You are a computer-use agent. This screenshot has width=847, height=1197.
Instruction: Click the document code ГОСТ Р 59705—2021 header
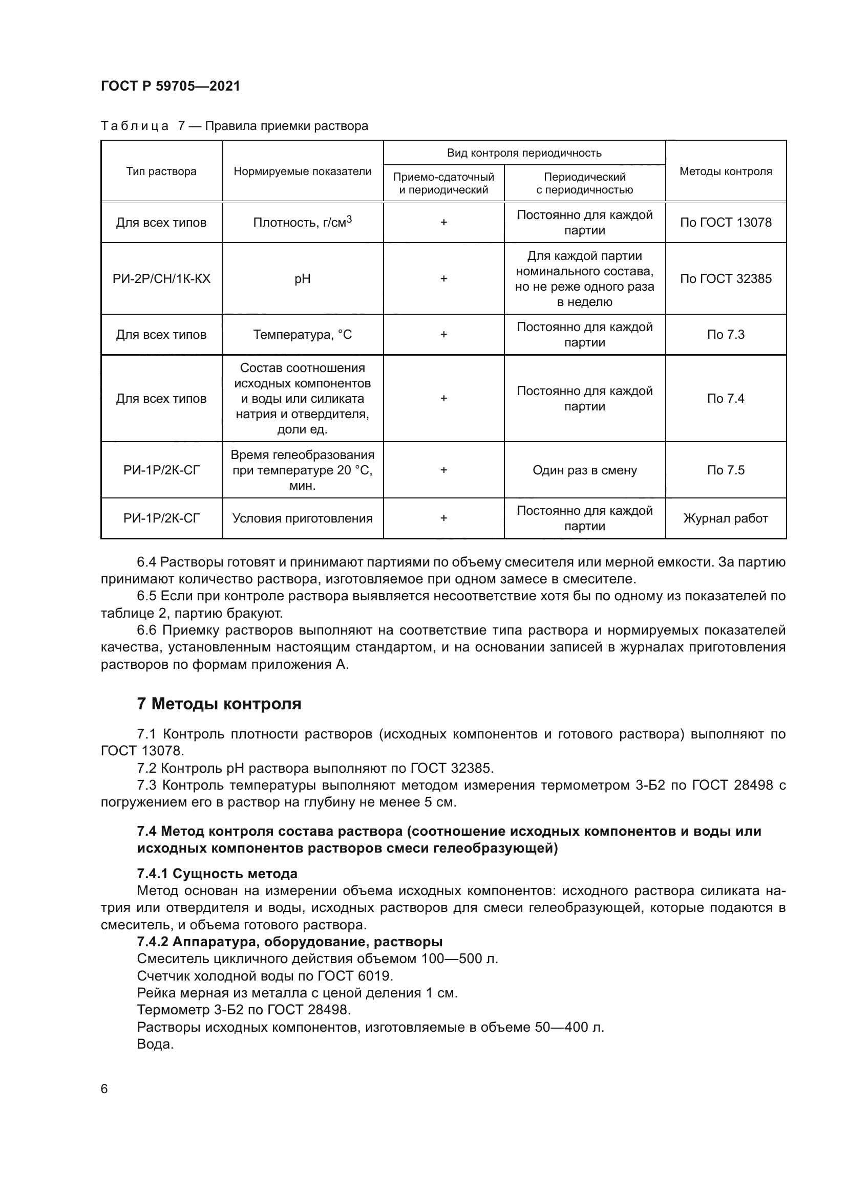(171, 86)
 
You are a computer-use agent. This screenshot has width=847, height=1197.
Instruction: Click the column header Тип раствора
(161, 171)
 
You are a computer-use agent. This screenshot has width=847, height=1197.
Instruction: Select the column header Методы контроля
(726, 171)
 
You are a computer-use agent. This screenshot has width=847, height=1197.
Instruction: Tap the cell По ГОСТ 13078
(726, 223)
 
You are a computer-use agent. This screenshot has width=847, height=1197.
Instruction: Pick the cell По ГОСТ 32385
(726, 278)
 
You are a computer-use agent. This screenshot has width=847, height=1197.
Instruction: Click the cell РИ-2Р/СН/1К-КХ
(161, 278)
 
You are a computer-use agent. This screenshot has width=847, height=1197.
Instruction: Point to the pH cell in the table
(303, 278)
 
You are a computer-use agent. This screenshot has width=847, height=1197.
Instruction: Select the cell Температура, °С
(303, 335)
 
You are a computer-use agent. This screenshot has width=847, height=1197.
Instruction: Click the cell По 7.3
(726, 335)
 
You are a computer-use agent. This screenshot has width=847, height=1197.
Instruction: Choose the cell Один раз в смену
(585, 470)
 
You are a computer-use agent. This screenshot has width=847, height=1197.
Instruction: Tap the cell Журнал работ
(726, 518)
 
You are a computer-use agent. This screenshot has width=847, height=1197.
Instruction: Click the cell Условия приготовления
(303, 518)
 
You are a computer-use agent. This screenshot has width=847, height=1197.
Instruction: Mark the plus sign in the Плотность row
(443, 223)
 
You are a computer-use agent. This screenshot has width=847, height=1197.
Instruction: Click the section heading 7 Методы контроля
(219, 704)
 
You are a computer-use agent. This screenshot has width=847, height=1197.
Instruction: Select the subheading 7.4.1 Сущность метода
(217, 874)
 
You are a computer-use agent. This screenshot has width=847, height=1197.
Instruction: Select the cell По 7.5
(726, 470)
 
